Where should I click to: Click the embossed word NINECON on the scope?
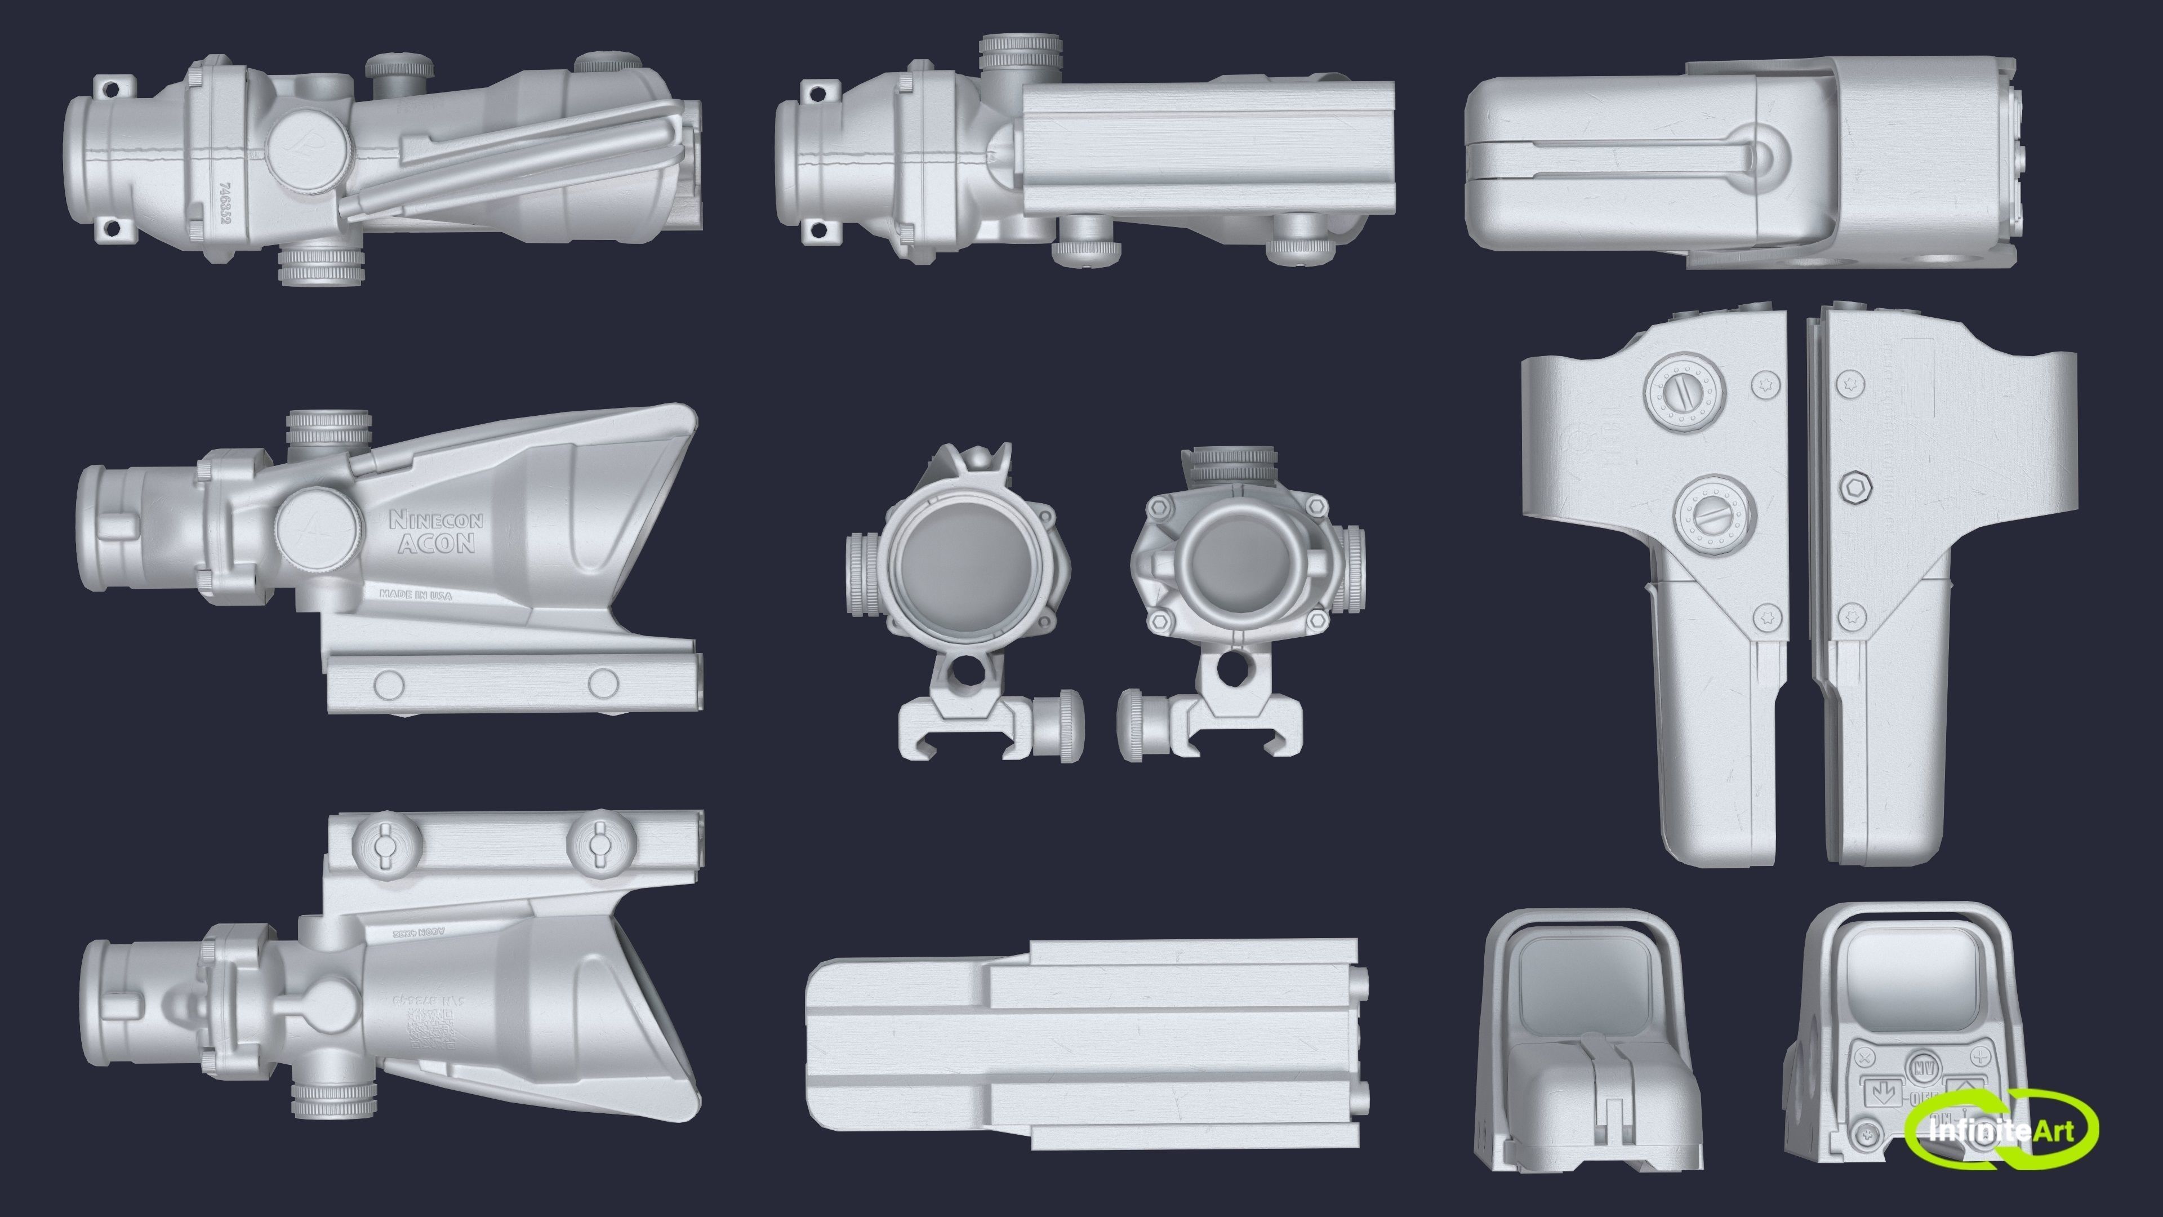(x=436, y=521)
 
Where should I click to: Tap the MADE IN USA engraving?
(x=416, y=594)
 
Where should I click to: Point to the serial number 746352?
(x=224, y=204)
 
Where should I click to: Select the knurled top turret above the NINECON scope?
(x=328, y=428)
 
